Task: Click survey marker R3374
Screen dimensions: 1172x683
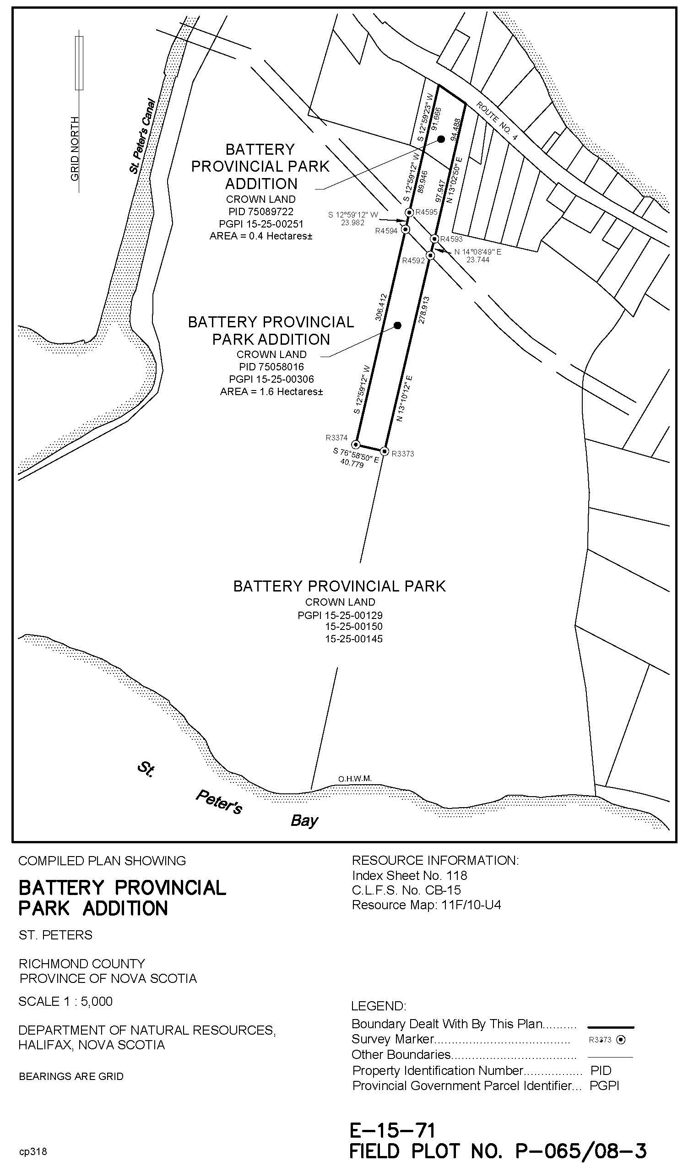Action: tap(356, 444)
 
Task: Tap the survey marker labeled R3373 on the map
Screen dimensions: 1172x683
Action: tap(385, 451)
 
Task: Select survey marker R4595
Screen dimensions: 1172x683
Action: tap(409, 212)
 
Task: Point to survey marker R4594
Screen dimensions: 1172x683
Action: tap(405, 229)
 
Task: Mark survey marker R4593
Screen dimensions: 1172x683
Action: tap(434, 239)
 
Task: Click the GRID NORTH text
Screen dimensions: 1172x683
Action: tap(75, 149)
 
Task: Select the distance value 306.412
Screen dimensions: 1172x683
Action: tap(381, 307)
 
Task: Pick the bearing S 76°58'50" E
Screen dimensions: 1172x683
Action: tap(356, 455)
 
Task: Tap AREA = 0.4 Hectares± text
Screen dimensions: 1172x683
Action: tap(261, 236)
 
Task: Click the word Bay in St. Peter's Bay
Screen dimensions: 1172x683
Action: tap(304, 820)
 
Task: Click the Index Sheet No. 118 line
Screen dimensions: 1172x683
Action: tap(409, 875)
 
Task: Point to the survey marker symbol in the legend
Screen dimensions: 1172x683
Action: tap(621, 1039)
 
